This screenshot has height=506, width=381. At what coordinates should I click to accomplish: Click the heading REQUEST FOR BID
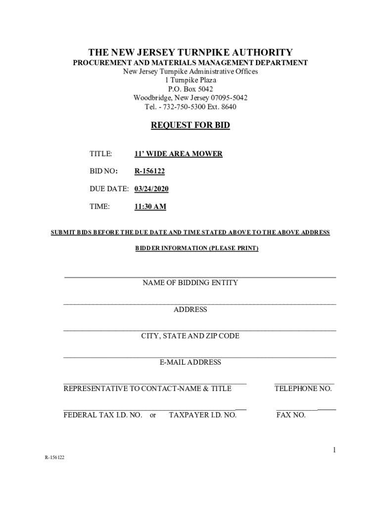pos(190,126)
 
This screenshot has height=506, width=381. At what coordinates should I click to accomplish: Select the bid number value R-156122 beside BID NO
pos(149,171)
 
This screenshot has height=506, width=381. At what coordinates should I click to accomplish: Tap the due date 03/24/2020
pos(151,189)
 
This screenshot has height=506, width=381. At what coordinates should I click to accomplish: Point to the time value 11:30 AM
pos(150,207)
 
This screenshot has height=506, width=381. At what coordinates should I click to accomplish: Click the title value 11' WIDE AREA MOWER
pos(178,154)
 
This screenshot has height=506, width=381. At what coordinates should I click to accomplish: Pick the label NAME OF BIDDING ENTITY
pos(190,283)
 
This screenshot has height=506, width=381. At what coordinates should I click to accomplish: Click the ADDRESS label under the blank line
pos(190,310)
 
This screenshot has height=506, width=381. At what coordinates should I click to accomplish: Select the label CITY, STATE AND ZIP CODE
pos(190,336)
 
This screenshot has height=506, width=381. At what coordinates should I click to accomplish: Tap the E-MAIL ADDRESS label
pos(190,362)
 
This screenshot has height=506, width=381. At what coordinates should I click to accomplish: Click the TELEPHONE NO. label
pos(303,389)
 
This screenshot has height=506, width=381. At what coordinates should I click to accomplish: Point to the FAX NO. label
pos(290,415)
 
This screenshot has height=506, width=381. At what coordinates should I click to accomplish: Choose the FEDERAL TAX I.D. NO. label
pos(103,415)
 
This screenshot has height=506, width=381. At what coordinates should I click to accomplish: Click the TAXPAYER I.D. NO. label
pos(202,415)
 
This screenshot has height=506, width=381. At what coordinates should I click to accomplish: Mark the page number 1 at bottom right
pos(334,450)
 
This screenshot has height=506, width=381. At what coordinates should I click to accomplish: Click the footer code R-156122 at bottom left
pos(54,458)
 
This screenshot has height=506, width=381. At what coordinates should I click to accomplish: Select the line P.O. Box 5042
pos(190,89)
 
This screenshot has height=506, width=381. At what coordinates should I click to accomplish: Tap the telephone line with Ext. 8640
pos(190,106)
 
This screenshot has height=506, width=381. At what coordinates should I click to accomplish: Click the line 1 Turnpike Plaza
pos(190,80)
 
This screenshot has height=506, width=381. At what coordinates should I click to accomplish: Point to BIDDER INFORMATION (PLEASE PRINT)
pos(197,248)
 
